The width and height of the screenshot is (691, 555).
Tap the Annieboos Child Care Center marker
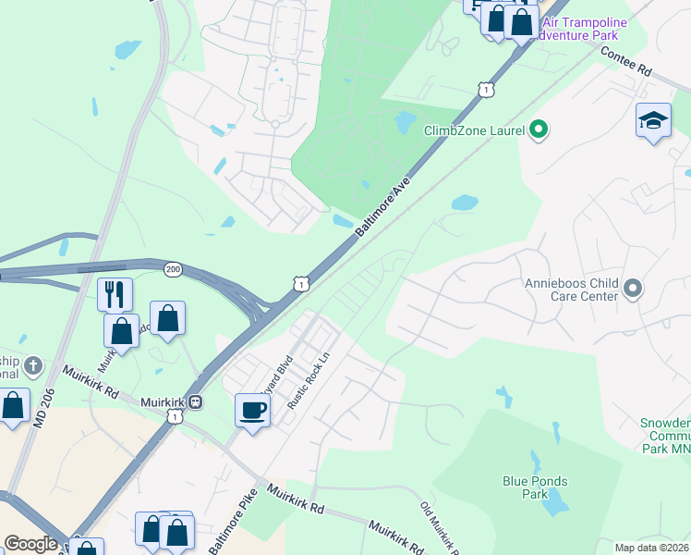point(633,290)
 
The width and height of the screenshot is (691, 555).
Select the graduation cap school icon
point(653,121)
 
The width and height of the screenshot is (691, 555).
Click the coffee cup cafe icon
point(252,410)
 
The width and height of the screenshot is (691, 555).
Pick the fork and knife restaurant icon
point(115,294)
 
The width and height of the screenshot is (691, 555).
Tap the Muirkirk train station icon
point(196,402)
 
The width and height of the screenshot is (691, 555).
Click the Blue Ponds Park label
point(535,487)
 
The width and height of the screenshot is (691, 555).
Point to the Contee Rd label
point(626,62)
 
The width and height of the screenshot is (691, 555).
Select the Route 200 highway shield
point(173,268)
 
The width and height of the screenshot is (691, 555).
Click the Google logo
point(30,544)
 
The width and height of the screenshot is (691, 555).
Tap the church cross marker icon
point(33,364)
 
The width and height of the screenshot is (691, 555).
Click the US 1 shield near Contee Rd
point(484,89)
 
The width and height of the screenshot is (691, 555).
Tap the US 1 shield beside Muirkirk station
point(174,418)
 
